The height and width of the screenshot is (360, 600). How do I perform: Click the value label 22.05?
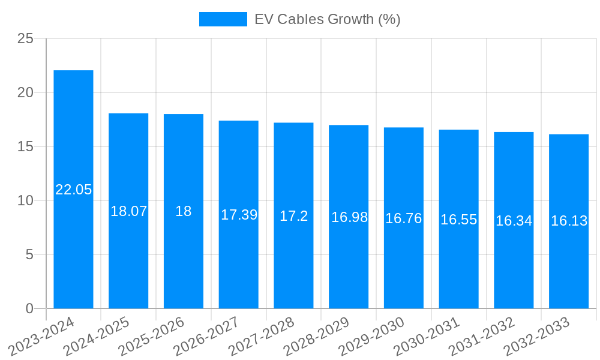pos(73,190)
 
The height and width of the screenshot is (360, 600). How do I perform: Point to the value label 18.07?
pos(128,211)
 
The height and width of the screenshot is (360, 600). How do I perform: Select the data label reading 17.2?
pos(293,216)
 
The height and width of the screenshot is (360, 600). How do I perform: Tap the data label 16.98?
pos(349,217)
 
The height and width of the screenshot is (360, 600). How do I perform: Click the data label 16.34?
pos(514,221)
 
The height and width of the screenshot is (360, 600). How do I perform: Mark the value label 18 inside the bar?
pos(183,211)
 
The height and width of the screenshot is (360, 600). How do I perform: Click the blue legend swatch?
pos(223,19)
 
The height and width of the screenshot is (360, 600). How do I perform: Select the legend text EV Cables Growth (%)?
pos(327,19)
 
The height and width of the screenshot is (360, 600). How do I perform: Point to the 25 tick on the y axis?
pos(25,38)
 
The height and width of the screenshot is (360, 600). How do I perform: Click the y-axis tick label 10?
pos(25,200)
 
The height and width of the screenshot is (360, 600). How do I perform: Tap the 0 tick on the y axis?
pos(29,308)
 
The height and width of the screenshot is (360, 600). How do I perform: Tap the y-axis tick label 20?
pos(25,92)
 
